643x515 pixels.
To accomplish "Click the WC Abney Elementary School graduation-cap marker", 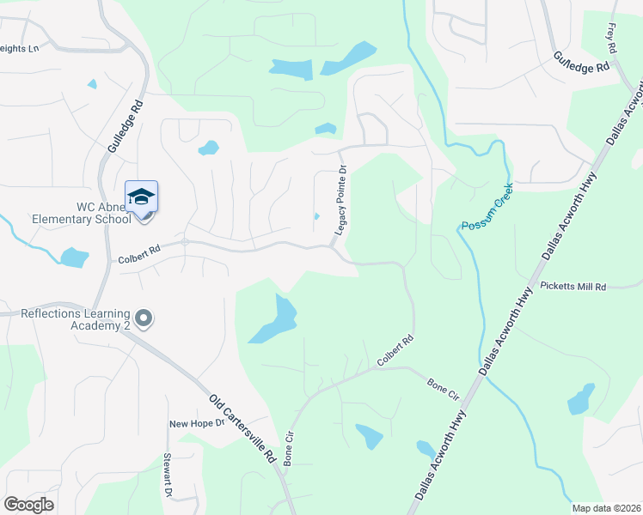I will pos(141,197).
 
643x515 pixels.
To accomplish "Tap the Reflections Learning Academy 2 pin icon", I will pos(144,319).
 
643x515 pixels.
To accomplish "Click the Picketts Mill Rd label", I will pos(573,286).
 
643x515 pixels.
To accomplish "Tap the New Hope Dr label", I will pos(196,423).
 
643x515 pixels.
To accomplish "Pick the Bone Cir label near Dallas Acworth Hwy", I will pos(444,388).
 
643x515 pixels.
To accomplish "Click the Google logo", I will pos(28,505).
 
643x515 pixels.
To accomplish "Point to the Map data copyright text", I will pos(607,508).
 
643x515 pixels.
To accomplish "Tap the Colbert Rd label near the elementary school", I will pos(139,251).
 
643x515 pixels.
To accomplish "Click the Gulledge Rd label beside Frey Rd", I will pos(581,61).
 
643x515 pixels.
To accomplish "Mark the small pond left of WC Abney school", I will pos(74,257).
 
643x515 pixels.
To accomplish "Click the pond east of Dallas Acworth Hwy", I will pos(581,398).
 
